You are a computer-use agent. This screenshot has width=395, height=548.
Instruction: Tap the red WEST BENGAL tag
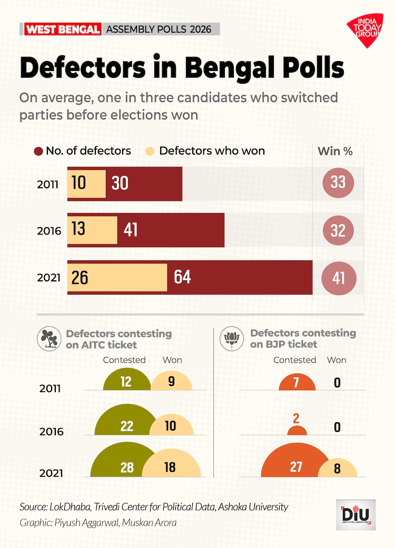pyautogui.click(x=62, y=29)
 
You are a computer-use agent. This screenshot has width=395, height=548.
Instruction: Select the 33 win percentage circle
pyautogui.click(x=338, y=182)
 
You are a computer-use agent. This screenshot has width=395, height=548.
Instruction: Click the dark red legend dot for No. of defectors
pyautogui.click(x=38, y=151)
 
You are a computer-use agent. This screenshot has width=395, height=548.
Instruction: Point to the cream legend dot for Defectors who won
pyautogui.click(x=151, y=151)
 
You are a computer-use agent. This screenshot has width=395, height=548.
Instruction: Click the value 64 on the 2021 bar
pyautogui.click(x=182, y=277)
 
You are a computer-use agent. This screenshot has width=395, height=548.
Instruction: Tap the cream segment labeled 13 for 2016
pyautogui.click(x=93, y=230)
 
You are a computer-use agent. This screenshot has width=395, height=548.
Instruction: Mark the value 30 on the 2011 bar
pyautogui.click(x=120, y=184)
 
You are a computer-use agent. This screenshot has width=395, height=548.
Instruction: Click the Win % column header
pyautogui.click(x=335, y=151)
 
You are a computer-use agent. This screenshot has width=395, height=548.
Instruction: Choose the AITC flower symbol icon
pyautogui.click(x=48, y=339)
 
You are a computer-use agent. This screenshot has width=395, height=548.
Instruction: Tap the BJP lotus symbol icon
pyautogui.click(x=233, y=339)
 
